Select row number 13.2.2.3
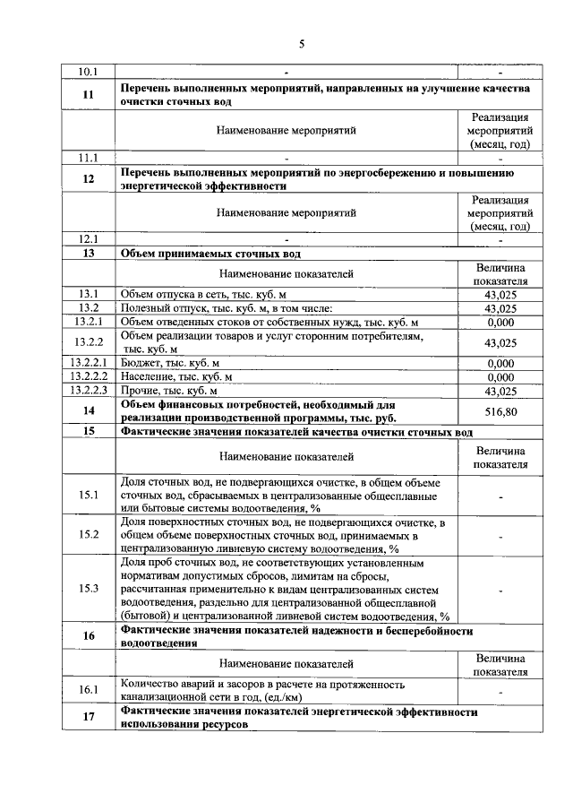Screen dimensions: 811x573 click(x=88, y=391)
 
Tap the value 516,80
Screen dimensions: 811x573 click(x=500, y=410)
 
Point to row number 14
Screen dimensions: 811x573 click(x=88, y=410)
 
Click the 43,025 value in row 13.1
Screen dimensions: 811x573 click(x=500, y=294)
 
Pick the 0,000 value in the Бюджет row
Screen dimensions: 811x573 click(x=500, y=363)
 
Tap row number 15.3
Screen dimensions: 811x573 click(x=88, y=588)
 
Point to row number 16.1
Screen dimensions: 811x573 click(x=88, y=690)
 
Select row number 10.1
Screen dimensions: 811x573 click(x=88, y=71)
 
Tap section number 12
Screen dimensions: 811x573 click(x=88, y=179)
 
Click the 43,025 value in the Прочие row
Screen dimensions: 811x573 click(x=500, y=391)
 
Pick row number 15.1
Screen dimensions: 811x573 click(x=88, y=495)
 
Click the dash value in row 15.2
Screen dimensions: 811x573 click(x=500, y=535)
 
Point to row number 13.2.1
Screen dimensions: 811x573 click(x=88, y=322)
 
